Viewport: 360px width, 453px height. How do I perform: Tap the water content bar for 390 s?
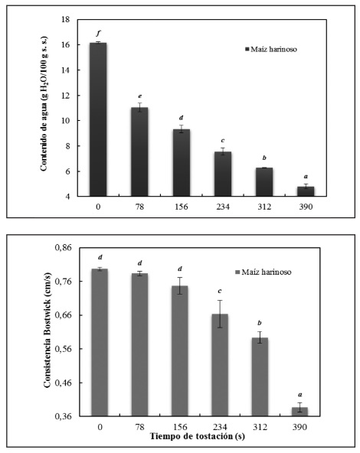(x=306, y=191)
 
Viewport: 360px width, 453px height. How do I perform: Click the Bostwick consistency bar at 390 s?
(x=299, y=412)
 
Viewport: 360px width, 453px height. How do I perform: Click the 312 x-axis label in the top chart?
(x=264, y=207)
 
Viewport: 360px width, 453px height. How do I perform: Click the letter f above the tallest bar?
(x=98, y=33)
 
